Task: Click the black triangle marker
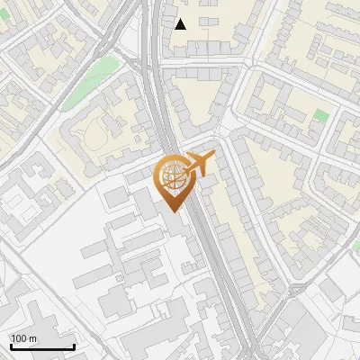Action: click(181, 24)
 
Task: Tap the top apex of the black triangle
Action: click(181, 19)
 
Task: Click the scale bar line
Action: click(42, 346)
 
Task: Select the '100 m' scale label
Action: click(23, 338)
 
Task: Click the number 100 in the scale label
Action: click(20, 338)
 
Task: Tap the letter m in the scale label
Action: click(32, 338)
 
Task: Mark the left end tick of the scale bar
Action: click(11, 346)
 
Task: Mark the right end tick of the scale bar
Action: click(74, 346)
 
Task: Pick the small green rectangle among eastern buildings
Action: click(321, 115)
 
